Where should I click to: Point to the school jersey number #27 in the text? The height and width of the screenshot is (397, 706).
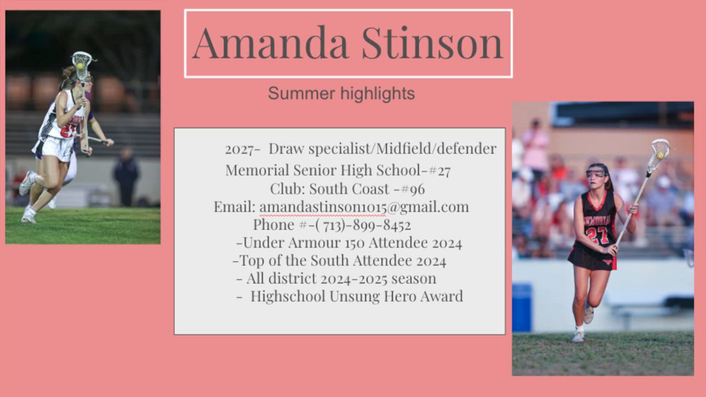click(440, 170)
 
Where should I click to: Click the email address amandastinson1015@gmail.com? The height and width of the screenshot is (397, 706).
click(364, 207)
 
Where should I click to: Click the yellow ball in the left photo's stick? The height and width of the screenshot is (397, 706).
click(80, 66)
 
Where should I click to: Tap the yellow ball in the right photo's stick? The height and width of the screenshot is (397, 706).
click(660, 155)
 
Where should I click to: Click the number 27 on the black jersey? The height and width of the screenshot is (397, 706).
click(597, 235)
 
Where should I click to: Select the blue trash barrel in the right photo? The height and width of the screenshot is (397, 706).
click(522, 308)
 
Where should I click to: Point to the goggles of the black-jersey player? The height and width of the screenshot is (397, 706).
click(597, 173)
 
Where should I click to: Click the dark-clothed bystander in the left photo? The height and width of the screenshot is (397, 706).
click(126, 176)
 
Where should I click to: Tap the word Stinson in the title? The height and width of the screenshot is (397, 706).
click(432, 43)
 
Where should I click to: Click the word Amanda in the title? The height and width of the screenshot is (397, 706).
click(270, 43)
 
